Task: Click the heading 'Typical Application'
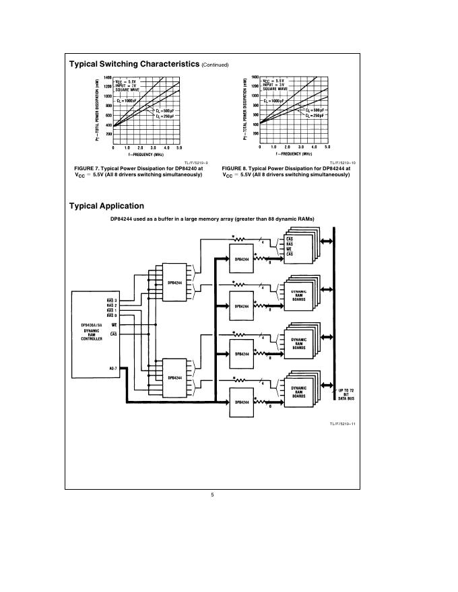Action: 106,206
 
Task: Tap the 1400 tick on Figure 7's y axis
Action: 107,77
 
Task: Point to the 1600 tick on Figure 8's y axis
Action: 255,77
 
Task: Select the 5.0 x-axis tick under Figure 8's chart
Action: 327,147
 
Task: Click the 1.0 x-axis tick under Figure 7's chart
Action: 127,147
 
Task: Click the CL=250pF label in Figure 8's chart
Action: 315,116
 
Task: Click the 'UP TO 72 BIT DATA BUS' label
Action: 346,395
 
